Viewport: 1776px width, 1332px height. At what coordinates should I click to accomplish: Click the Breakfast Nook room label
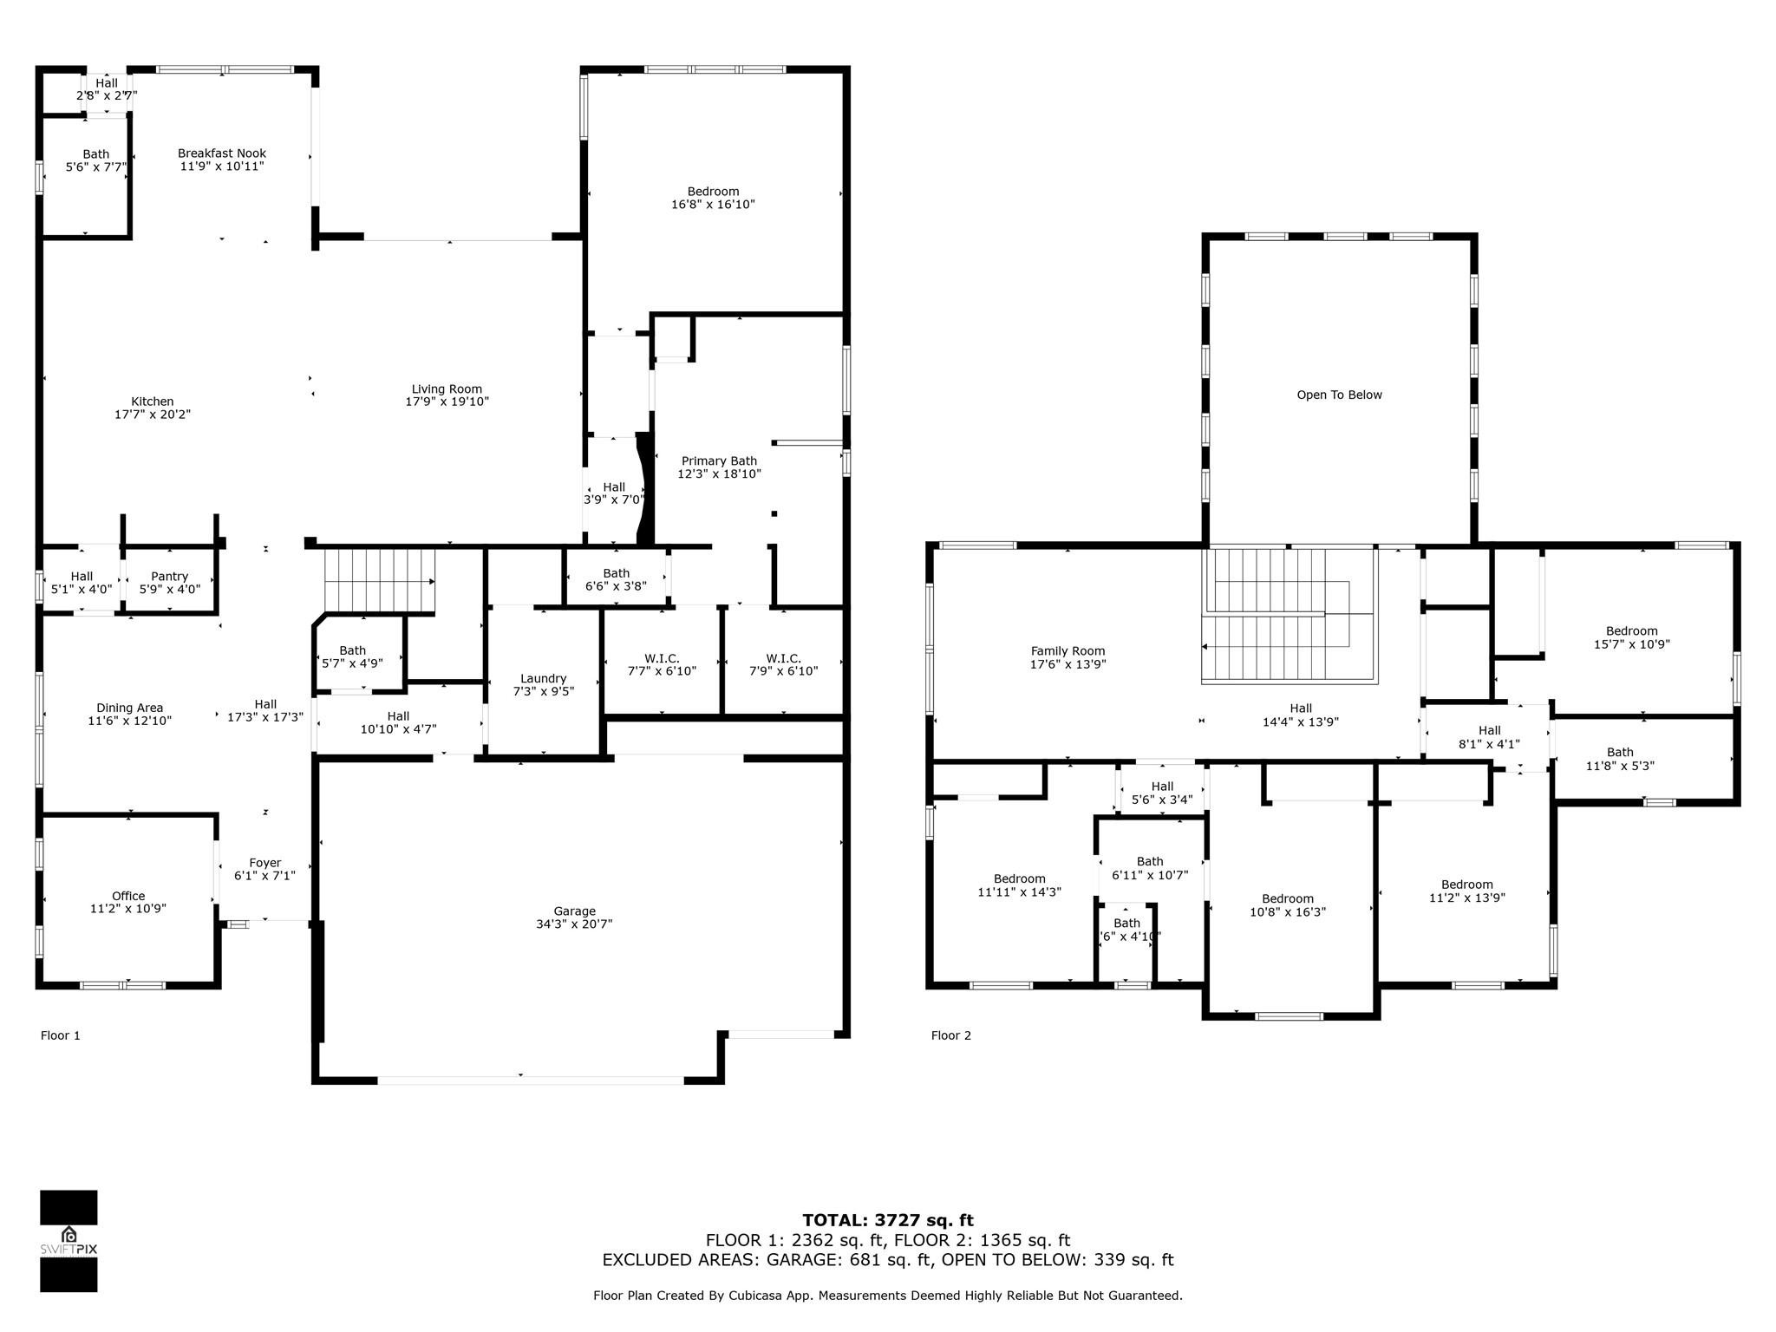tap(222, 153)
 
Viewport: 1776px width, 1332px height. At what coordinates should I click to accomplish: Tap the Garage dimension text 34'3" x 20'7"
tap(574, 924)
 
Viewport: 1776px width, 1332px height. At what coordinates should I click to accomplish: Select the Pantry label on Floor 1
tap(169, 576)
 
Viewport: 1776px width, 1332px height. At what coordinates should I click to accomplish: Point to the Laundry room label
tap(543, 678)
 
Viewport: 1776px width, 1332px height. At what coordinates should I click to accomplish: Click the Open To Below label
tap(1339, 395)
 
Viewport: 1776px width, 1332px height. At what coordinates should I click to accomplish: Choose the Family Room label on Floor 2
tap(1068, 651)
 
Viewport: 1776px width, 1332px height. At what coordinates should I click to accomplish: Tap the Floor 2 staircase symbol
tap(1289, 617)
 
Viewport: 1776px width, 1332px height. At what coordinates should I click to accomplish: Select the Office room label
tap(128, 896)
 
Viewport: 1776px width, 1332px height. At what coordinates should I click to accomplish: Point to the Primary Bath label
tap(719, 461)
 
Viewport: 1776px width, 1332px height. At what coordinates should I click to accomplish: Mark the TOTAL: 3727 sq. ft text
tap(887, 1221)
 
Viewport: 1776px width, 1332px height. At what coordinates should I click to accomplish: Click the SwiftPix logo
tap(69, 1240)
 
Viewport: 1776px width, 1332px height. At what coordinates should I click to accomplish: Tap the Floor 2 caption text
tap(950, 1035)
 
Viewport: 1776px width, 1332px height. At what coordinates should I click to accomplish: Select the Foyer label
tap(264, 863)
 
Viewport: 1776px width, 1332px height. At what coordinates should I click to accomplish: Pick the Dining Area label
tap(130, 708)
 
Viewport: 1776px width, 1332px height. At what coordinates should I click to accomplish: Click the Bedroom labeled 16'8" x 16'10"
tap(713, 192)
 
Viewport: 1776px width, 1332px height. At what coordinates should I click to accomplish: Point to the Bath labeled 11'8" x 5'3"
tap(1619, 753)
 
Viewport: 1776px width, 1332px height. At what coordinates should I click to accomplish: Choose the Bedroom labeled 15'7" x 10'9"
tap(1631, 631)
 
